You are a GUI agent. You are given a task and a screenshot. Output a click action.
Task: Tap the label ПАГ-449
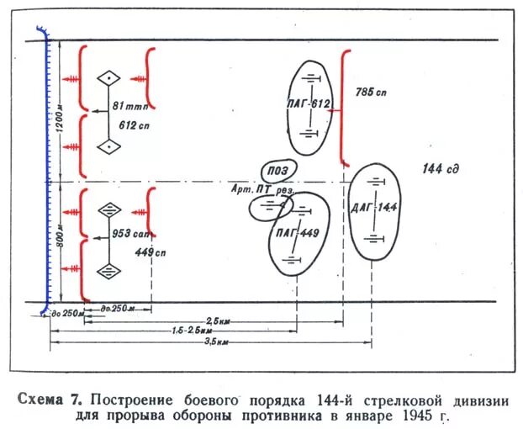tap(296, 233)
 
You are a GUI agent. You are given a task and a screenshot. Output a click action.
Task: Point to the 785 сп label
tap(370, 91)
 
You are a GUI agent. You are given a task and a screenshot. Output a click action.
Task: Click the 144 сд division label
tap(440, 169)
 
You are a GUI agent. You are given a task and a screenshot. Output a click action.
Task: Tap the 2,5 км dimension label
tap(218, 320)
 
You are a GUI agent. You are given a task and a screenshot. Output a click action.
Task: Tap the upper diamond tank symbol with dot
tap(108, 79)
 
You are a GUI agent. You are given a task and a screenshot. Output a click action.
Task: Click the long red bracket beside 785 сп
tap(343, 108)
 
